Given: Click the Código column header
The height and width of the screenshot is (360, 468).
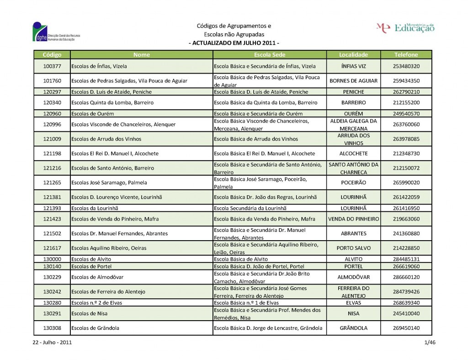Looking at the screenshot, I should pyautogui.click(x=52, y=54).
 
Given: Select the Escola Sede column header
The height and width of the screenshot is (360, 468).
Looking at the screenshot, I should pyautogui.click(x=269, y=54).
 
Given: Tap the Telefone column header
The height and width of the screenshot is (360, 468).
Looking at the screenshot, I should pyautogui.click(x=406, y=54).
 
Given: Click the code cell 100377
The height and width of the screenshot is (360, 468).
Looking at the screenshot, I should pyautogui.click(x=52, y=66).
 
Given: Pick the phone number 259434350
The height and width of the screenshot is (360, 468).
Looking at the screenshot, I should pyautogui.click(x=406, y=81).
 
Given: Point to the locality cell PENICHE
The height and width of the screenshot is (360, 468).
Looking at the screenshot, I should pyautogui.click(x=353, y=92).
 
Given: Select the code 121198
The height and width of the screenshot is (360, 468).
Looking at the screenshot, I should pyautogui.click(x=52, y=153).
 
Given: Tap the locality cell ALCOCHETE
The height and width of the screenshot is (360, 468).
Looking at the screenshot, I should pyautogui.click(x=353, y=153).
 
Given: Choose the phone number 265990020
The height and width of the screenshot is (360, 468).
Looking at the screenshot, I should pyautogui.click(x=406, y=183).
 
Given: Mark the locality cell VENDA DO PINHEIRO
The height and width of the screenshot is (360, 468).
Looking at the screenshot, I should pyautogui.click(x=353, y=219).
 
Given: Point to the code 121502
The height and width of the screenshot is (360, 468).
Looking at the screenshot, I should pyautogui.click(x=52, y=233).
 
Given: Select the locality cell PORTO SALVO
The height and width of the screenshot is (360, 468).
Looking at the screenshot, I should pyautogui.click(x=353, y=248).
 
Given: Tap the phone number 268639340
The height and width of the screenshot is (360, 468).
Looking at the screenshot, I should pyautogui.click(x=406, y=302).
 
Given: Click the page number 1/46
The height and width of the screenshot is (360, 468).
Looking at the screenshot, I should pyautogui.click(x=430, y=343).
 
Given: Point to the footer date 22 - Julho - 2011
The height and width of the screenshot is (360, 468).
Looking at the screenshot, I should pyautogui.click(x=52, y=343).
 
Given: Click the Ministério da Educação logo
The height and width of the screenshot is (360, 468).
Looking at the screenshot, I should pyautogui.click(x=405, y=27).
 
